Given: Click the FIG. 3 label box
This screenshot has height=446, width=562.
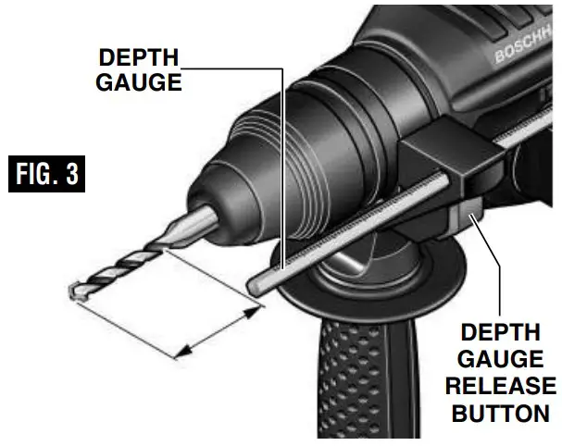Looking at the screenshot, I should [x=48, y=175].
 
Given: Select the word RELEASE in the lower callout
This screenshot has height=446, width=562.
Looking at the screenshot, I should [x=501, y=386].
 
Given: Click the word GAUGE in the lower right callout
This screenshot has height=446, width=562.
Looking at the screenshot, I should [x=501, y=359].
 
